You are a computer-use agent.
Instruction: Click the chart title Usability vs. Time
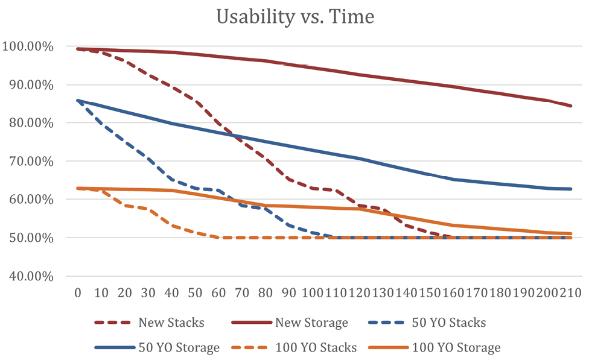pyautogui.click(x=295, y=17)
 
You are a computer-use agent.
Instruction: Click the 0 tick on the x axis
pyautogui.click(x=77, y=293)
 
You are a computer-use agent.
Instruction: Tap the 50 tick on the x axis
pyautogui.click(x=195, y=293)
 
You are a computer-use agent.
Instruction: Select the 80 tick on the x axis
pyautogui.click(x=266, y=293)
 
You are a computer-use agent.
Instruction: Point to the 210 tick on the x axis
pyautogui.click(x=570, y=293)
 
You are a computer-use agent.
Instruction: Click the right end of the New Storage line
pyautogui.click(x=571, y=106)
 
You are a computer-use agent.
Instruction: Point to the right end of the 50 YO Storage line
pyautogui.click(x=571, y=189)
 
